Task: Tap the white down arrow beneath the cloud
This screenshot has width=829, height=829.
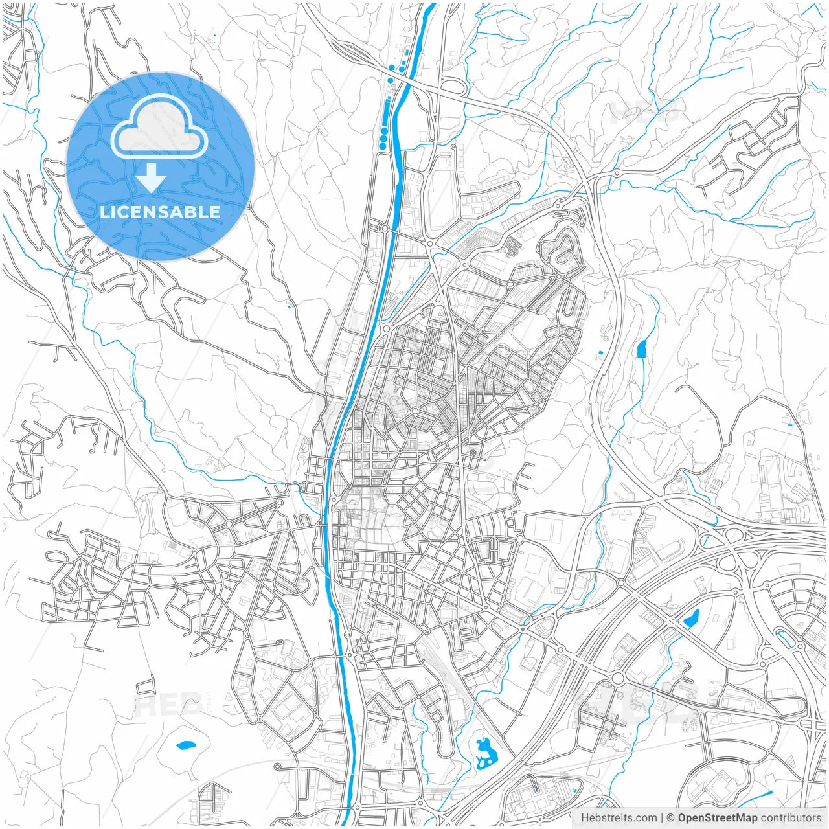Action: click(x=151, y=177)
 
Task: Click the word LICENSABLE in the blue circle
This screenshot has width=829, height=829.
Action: click(x=160, y=212)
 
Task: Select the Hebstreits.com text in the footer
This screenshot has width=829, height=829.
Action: click(x=619, y=818)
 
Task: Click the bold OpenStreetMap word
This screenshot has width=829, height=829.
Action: click(x=717, y=818)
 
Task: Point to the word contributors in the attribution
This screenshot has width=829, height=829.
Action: click(x=790, y=818)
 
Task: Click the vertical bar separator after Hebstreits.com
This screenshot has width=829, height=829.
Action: click(x=662, y=818)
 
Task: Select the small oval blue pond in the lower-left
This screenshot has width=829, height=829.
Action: click(x=186, y=745)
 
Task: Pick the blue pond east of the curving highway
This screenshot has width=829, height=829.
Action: click(x=642, y=349)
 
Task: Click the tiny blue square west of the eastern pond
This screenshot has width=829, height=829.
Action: click(x=600, y=352)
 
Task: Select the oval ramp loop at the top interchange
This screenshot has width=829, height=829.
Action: click(x=453, y=86)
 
